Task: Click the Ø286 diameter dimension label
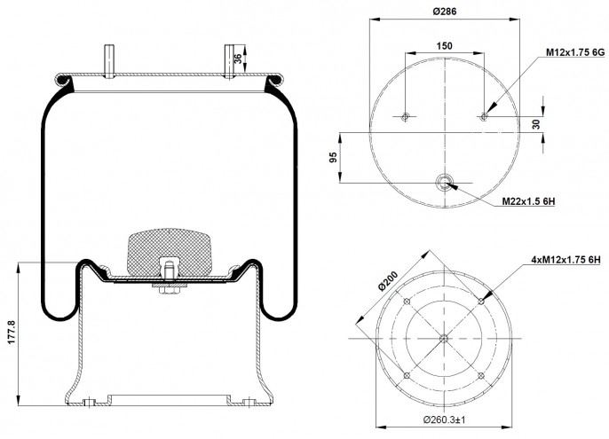click(x=445, y=12)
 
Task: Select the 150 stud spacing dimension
click(x=444, y=46)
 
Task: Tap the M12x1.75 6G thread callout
click(x=575, y=52)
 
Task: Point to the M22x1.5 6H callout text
click(x=528, y=201)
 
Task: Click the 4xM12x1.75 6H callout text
click(x=565, y=260)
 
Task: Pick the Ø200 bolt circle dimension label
click(x=388, y=280)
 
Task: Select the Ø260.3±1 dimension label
click(x=444, y=419)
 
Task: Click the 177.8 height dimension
click(x=11, y=332)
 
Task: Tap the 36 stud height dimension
click(x=238, y=59)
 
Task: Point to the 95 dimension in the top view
click(x=333, y=157)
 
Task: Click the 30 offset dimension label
click(x=536, y=124)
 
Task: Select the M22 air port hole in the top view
click(x=444, y=182)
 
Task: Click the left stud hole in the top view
click(x=405, y=116)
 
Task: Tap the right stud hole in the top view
click(x=484, y=116)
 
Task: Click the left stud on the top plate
click(x=109, y=61)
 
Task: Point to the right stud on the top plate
click(x=230, y=62)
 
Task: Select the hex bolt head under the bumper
click(x=169, y=291)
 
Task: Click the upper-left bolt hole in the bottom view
click(x=407, y=302)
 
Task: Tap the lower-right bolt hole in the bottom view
click(x=481, y=376)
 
